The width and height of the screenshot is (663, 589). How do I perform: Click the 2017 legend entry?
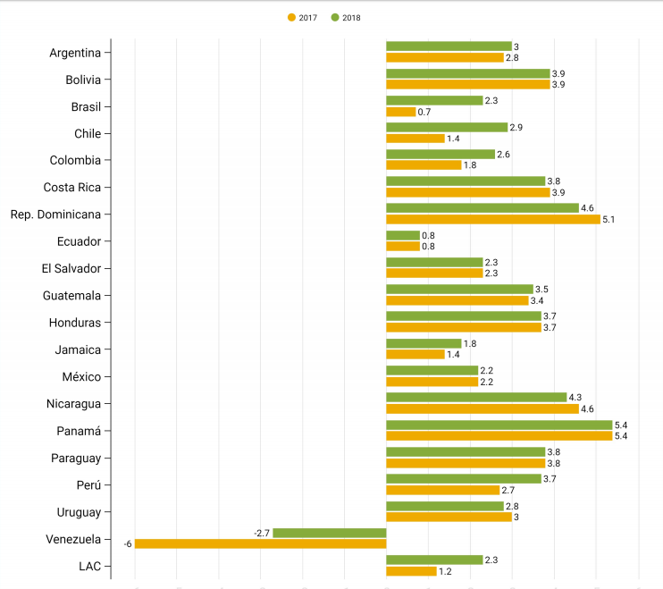(x=302, y=17)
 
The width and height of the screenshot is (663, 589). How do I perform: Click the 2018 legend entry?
(x=346, y=17)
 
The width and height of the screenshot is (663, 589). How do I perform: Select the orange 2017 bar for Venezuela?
(x=260, y=543)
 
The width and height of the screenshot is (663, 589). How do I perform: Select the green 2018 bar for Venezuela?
(x=329, y=533)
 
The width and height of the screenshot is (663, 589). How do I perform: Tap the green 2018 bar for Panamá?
(x=499, y=425)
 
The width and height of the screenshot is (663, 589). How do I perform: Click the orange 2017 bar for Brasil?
(x=400, y=112)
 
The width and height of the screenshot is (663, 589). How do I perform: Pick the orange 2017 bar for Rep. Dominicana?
(x=492, y=219)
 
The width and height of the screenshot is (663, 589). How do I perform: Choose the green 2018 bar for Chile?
(x=447, y=127)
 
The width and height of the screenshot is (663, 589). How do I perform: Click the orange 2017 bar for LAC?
(x=411, y=570)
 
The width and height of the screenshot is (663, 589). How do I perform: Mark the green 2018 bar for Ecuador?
(x=402, y=235)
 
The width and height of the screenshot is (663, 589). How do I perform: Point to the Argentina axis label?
(x=75, y=52)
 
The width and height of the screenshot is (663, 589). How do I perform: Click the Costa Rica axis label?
(x=71, y=187)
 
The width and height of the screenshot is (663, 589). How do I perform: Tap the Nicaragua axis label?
(x=73, y=403)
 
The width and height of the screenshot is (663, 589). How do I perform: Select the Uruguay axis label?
(x=78, y=512)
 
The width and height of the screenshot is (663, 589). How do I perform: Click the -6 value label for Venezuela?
(x=128, y=543)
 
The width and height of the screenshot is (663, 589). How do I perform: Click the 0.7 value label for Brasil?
(x=424, y=112)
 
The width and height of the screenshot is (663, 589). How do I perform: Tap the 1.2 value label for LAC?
(x=445, y=570)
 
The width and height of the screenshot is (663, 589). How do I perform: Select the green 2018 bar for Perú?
(x=463, y=479)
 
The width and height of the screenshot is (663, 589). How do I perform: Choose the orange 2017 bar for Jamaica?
(x=415, y=354)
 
